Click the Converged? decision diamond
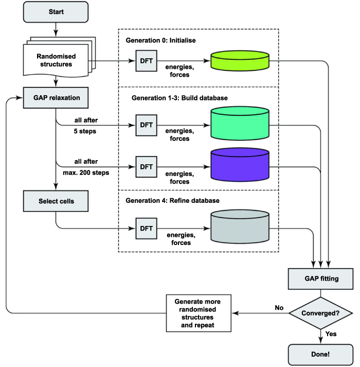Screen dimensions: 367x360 (x=321, y=312)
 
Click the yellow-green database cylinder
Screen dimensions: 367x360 (x=240, y=61)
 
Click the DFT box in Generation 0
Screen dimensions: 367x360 (x=146, y=61)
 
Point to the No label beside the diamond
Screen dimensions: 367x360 (x=278, y=307)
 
